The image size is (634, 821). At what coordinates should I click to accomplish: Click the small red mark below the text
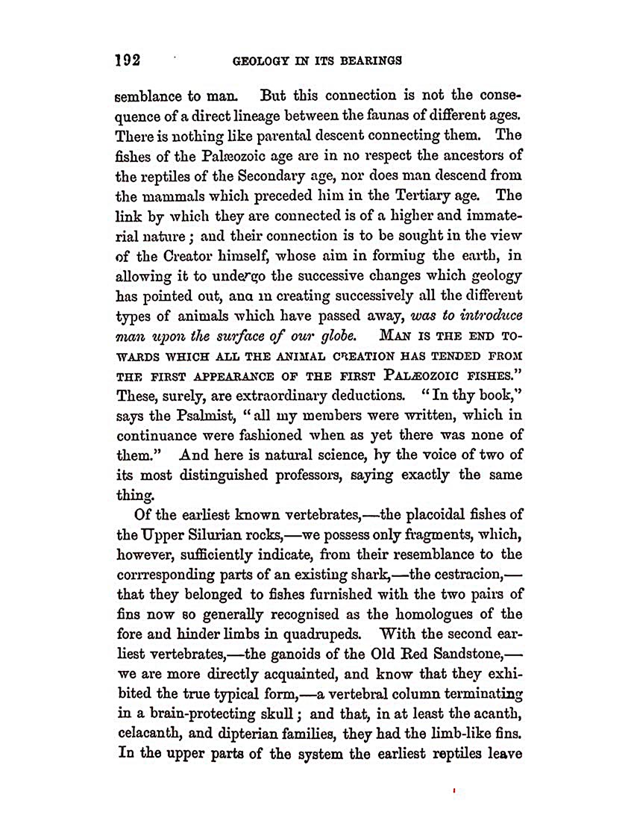click(x=455, y=788)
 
